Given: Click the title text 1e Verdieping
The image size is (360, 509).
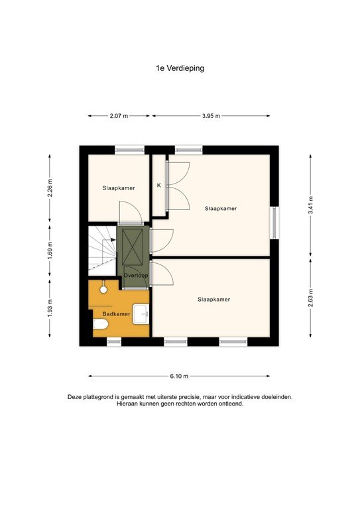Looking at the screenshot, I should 180,67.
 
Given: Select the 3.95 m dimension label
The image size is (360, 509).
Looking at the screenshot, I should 211,116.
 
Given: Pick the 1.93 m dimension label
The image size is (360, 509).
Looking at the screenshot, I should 50,309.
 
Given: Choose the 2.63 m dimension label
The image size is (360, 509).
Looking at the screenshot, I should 310,300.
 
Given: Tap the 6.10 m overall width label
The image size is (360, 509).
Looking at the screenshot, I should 179,376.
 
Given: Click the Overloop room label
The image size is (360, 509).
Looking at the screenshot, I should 135,275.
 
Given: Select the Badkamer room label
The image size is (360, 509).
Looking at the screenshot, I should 116,313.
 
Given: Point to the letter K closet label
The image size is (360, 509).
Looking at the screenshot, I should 158,186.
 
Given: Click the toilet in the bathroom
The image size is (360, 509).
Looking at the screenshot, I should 100,324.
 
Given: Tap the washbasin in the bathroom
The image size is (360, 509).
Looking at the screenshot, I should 141,313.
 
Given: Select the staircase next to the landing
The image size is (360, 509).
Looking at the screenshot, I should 102,250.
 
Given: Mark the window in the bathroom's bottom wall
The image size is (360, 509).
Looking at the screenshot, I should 114,342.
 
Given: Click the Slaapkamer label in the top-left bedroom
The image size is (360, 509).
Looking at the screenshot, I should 119,188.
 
